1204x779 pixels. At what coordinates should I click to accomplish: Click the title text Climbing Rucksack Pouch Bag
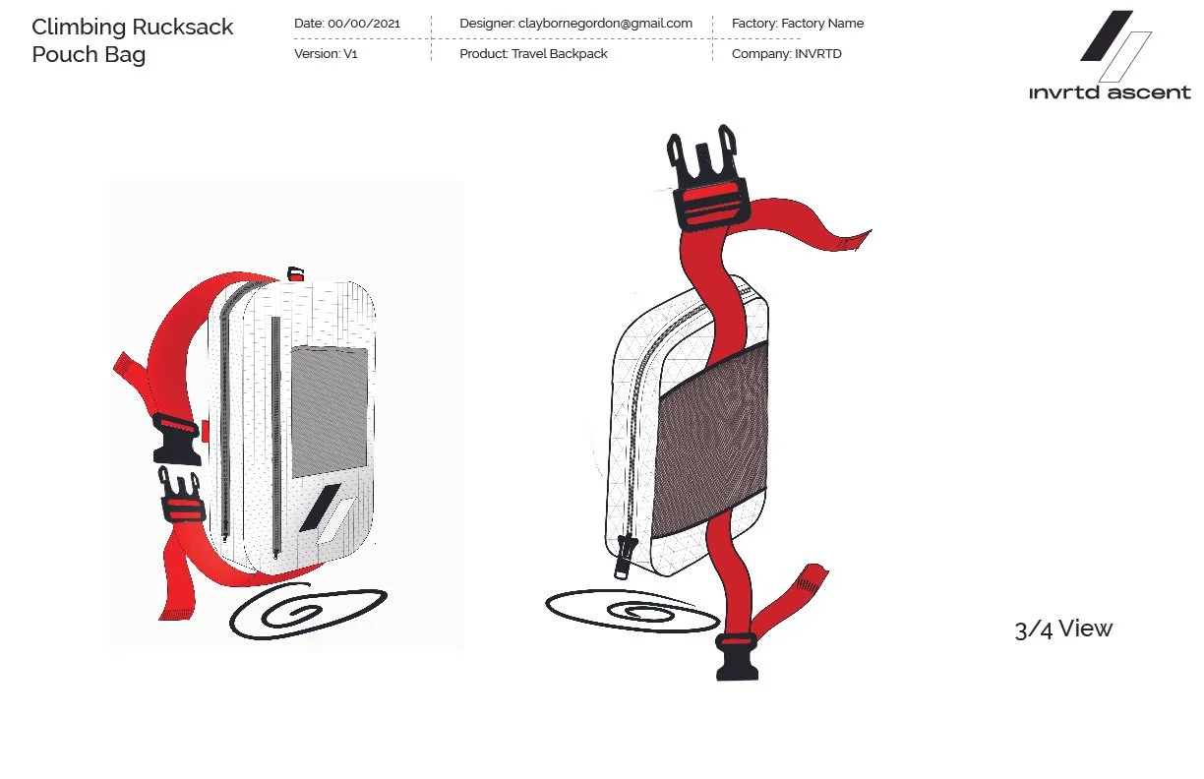pos(132,40)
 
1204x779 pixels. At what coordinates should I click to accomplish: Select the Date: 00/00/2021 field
pos(347,23)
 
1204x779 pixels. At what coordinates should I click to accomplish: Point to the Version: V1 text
pos(326,54)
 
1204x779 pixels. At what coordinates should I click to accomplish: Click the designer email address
pos(604,23)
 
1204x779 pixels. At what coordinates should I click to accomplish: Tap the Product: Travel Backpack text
pos(533,54)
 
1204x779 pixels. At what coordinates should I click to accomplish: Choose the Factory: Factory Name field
pos(798,23)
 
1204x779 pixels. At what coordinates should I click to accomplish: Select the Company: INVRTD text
pos(786,54)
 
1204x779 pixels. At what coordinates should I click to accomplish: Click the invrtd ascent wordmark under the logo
pos(1110,93)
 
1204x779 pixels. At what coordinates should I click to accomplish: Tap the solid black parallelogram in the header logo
pos(1106,35)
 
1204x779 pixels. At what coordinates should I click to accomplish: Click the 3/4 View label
pos(1062,629)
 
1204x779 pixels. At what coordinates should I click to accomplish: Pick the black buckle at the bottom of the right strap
pos(737,656)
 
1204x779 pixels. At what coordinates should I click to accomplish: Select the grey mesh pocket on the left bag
pos(330,398)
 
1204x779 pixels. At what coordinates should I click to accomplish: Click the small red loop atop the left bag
pos(294,272)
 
